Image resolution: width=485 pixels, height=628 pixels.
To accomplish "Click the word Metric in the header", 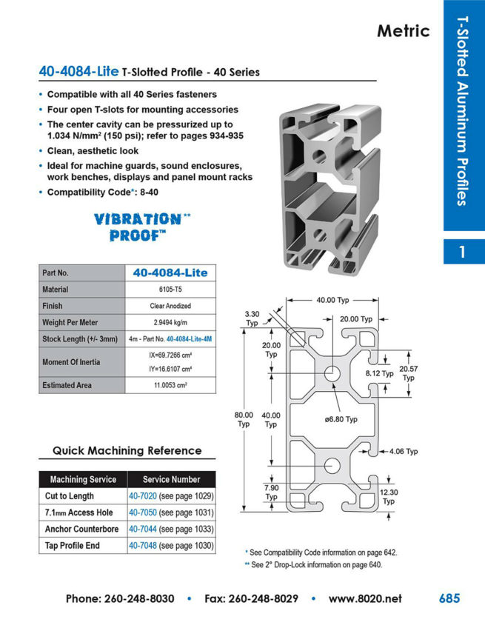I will (403, 30).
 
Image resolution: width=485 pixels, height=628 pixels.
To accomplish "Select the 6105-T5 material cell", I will (170, 290).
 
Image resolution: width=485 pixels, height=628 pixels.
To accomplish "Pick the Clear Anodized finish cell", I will (170, 306).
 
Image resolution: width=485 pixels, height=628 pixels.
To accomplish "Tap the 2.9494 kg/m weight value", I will (170, 322).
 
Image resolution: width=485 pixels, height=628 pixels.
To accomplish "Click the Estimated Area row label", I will (71, 385).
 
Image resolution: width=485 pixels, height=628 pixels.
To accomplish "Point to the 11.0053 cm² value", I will (170, 385).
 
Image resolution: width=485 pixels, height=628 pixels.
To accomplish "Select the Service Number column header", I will (171, 479).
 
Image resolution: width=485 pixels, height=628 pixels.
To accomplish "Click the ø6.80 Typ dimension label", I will (341, 419).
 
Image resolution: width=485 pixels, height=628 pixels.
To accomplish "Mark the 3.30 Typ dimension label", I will (252, 318).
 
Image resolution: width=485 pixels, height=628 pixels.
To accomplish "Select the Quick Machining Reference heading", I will (127, 450).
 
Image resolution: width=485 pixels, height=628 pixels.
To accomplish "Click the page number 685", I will (449, 598).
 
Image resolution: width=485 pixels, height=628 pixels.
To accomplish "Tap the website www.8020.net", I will (365, 598).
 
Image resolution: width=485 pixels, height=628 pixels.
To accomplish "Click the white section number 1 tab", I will (463, 252).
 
